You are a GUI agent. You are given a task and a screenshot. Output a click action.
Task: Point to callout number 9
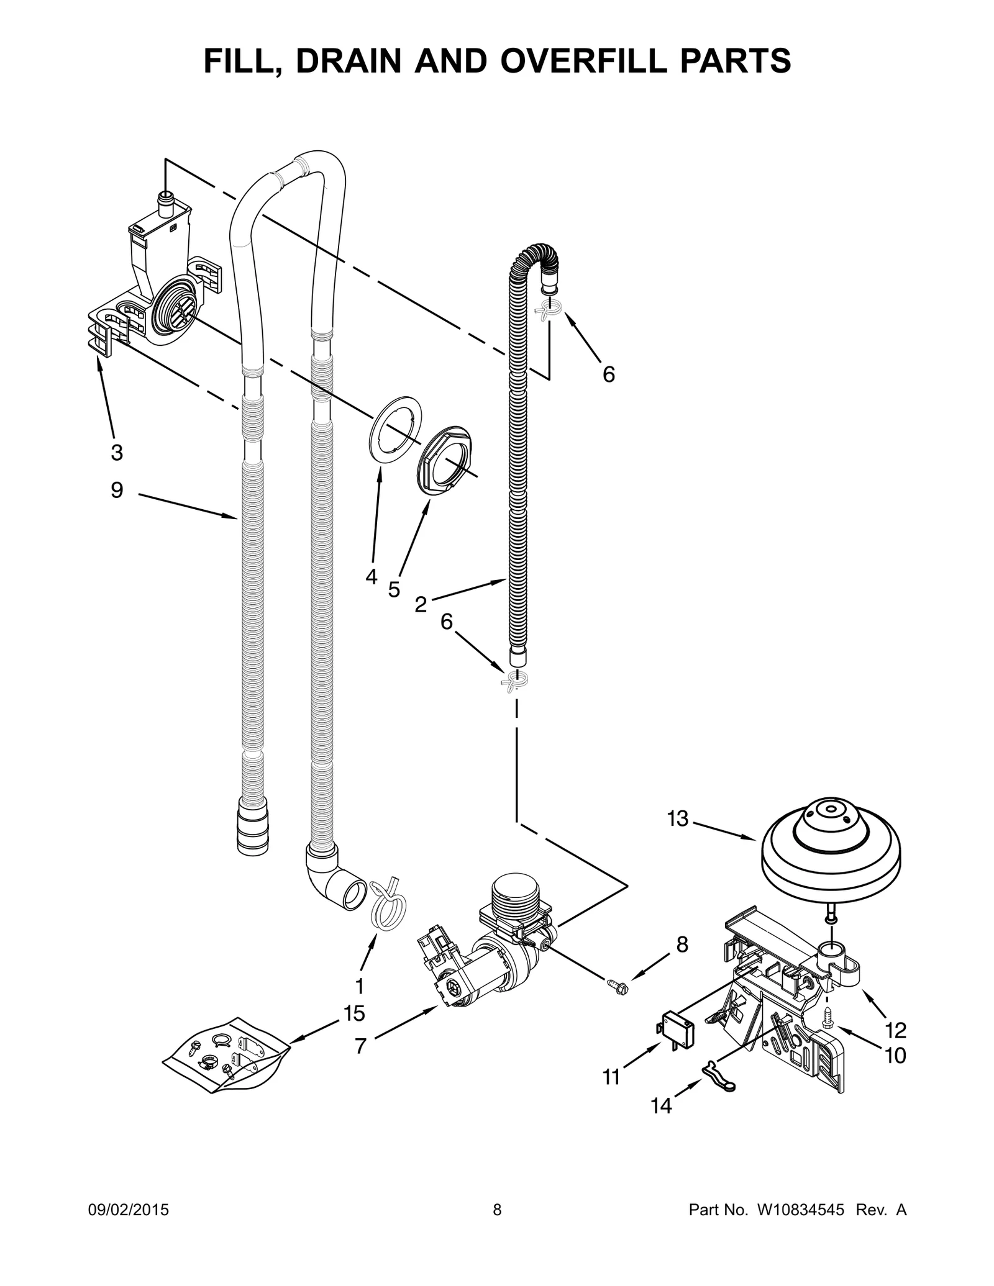point(117,491)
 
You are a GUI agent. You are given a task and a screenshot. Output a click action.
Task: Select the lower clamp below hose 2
point(515,679)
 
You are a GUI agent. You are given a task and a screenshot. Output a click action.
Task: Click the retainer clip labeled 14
point(719,1075)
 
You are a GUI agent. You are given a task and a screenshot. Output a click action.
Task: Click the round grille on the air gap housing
point(171,307)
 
